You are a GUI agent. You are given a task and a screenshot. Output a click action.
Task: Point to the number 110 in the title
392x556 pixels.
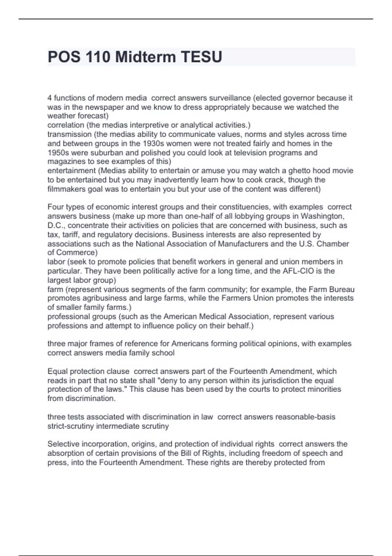click(x=97, y=57)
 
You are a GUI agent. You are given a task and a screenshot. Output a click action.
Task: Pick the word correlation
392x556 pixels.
click(x=66, y=125)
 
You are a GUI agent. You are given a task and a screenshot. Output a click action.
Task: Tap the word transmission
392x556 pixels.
click(x=69, y=134)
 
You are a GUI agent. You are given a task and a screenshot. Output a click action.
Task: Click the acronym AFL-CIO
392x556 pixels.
click(x=298, y=271)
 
